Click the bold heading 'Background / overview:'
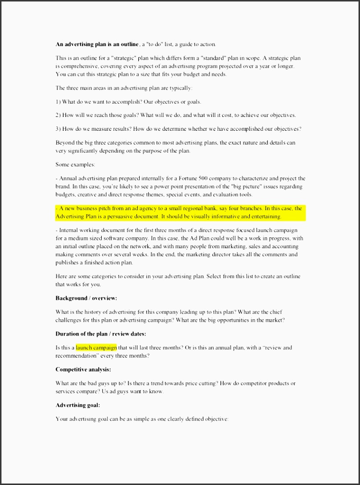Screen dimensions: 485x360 [86, 298]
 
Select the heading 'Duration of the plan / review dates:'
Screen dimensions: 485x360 [101, 334]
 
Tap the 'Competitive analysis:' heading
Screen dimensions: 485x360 [83, 369]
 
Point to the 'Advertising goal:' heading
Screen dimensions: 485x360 [78, 405]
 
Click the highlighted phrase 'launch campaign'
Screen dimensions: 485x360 [96, 347]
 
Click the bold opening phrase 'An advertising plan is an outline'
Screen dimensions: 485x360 [97, 44]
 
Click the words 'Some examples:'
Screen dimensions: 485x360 [75, 165]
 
